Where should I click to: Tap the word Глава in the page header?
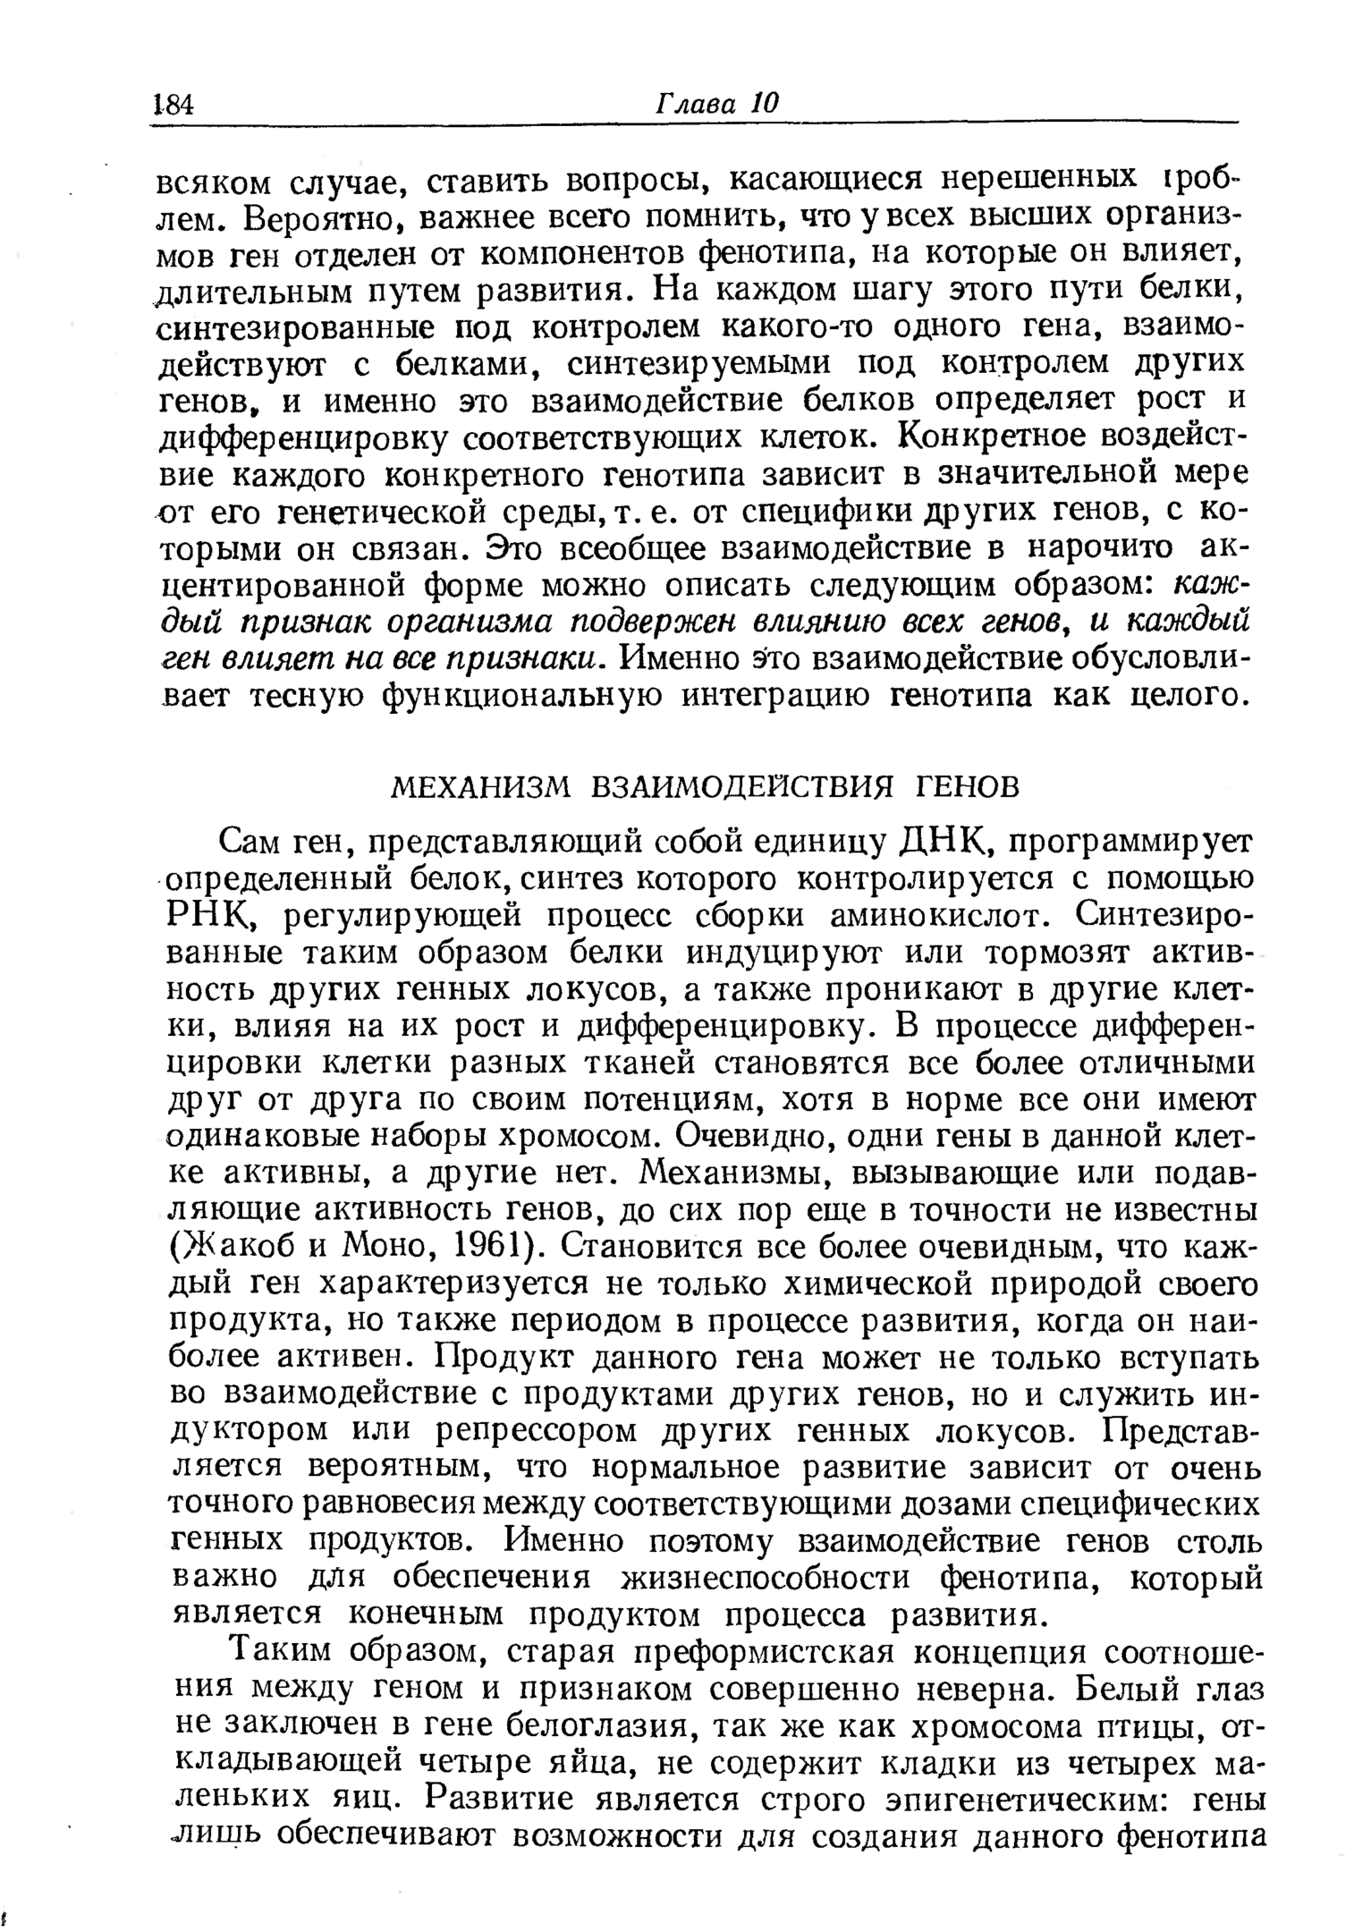[697, 103]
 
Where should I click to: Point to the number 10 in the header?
[766, 103]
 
